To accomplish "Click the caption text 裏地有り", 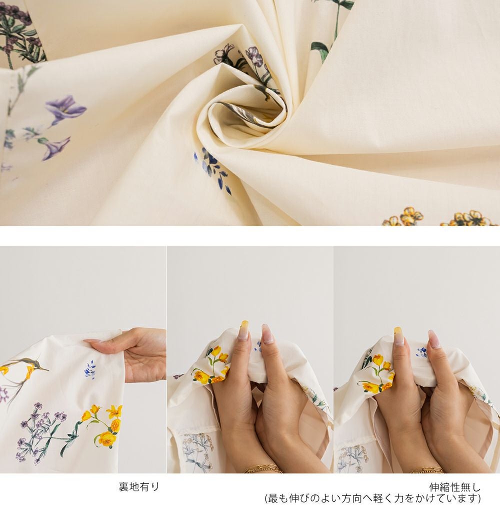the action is pos(138,486).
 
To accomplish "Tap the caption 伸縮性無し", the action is pos(454,487).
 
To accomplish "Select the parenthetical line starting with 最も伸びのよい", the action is pos(372,498).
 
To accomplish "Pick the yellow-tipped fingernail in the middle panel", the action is pos(244,330).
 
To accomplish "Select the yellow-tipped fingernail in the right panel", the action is pos(398,336).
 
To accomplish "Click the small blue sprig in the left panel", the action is pos(90,368).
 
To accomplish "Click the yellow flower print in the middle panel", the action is pos(211,365).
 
